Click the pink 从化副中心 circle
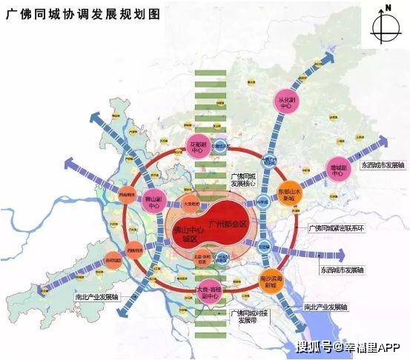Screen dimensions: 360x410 (285, 102)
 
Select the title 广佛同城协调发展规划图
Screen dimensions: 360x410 (88, 14)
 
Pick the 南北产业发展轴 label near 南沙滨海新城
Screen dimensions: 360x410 (324, 306)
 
